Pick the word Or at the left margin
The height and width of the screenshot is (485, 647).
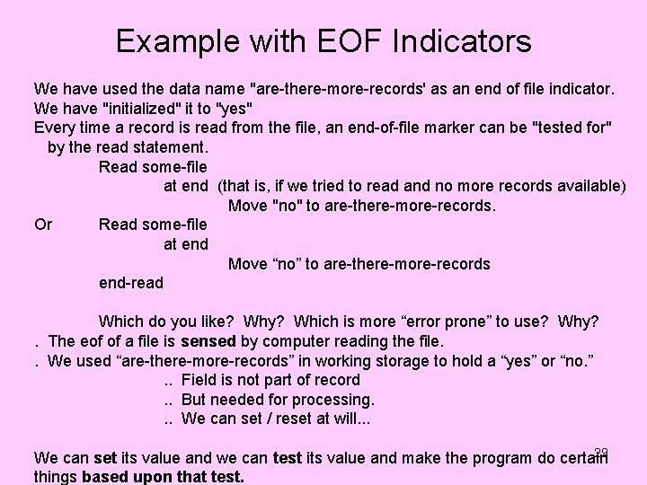coord(43,225)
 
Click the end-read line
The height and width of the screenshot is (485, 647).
coord(131,283)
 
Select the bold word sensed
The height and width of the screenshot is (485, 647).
coord(208,341)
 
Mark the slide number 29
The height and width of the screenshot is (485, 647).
coord(601,452)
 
